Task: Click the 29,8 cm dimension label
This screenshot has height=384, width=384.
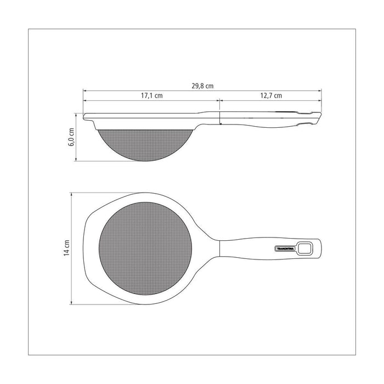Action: pyautogui.click(x=202, y=86)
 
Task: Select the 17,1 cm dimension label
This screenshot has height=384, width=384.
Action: pyautogui.click(x=151, y=95)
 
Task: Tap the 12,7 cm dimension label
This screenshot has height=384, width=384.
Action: pyautogui.click(x=271, y=95)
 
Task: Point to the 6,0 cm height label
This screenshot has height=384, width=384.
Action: pyautogui.click(x=71, y=137)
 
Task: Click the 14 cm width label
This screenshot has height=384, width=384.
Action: pyautogui.click(x=67, y=248)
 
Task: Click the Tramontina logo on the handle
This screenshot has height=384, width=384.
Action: pyautogui.click(x=285, y=249)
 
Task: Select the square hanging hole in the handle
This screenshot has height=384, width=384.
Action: pyautogui.click(x=304, y=249)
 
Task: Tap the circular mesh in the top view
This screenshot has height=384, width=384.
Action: pyautogui.click(x=145, y=249)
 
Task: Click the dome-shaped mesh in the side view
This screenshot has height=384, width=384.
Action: pyautogui.click(x=145, y=144)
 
